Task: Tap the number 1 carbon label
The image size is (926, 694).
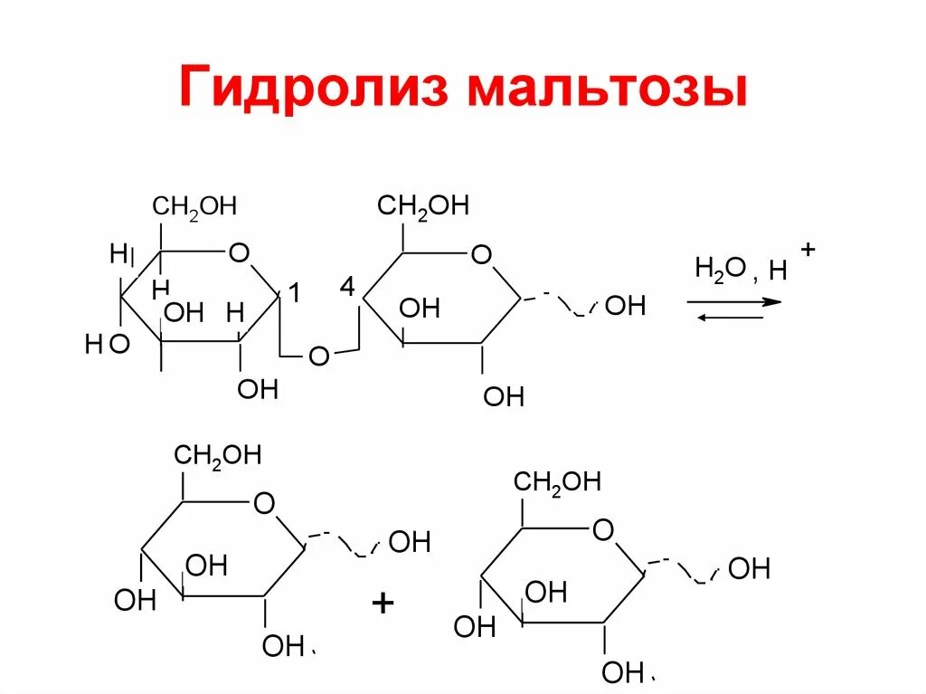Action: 294,292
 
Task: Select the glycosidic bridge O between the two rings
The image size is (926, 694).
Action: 318,357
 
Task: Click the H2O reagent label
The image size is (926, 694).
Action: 719,269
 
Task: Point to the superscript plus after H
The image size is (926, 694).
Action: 808,249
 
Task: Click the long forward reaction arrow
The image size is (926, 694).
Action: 733,301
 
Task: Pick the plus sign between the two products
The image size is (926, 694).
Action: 383,604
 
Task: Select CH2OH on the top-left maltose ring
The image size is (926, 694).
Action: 194,207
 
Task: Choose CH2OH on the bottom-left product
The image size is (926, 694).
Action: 217,455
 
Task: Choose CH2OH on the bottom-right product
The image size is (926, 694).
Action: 557,481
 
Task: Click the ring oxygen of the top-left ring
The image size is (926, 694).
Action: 239,252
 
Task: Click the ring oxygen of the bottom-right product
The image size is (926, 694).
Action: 603,529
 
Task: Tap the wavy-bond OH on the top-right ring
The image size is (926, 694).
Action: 625,306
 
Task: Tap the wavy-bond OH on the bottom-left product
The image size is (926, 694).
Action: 410,543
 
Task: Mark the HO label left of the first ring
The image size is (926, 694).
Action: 107,344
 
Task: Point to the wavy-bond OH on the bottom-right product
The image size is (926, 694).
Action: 749,569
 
